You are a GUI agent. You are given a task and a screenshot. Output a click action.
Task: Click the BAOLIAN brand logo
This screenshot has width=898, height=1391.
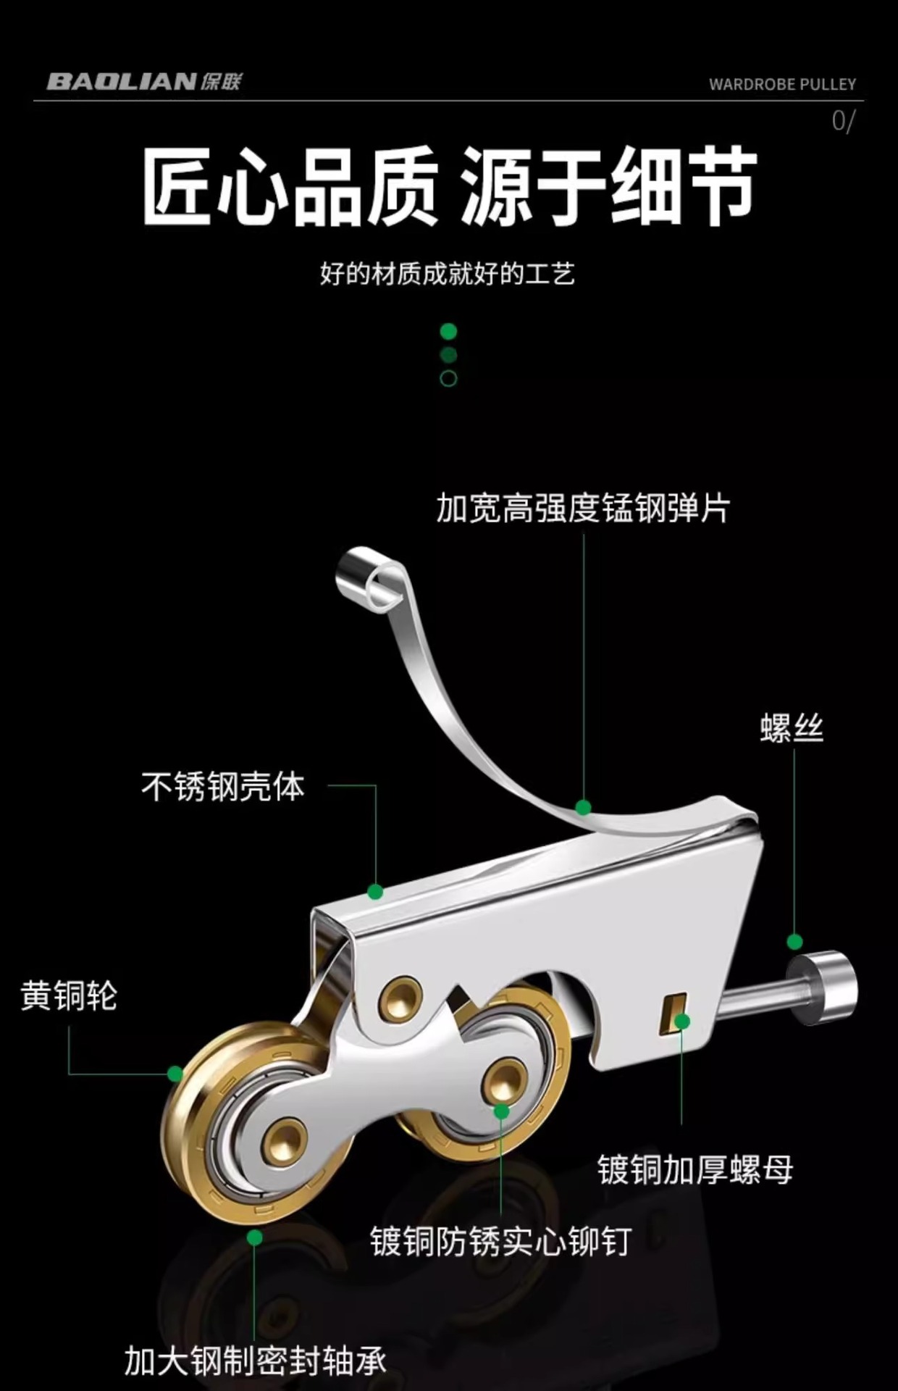click(x=143, y=81)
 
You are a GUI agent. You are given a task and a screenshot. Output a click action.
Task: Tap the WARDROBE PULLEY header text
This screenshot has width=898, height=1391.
click(x=782, y=85)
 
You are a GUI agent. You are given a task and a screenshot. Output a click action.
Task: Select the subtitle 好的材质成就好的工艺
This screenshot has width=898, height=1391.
click(x=448, y=275)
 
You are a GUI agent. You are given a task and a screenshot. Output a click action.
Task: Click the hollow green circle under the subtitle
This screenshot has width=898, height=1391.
click(x=448, y=378)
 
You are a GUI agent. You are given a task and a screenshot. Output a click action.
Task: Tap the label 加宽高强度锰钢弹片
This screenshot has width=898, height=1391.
click(x=583, y=508)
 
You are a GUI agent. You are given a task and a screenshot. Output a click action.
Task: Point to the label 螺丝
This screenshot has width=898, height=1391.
click(x=792, y=728)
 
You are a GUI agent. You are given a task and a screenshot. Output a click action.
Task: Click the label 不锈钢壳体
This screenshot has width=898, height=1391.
click(x=223, y=786)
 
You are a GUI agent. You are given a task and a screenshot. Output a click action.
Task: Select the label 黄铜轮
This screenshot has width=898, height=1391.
click(x=69, y=995)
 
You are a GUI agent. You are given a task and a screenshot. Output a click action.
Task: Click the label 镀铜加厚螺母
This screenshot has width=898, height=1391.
click(x=695, y=1169)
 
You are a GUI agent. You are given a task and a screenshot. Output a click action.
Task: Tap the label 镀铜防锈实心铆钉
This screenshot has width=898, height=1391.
click(x=500, y=1241)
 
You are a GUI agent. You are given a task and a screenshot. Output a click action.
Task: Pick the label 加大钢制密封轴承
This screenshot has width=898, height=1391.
click(x=255, y=1361)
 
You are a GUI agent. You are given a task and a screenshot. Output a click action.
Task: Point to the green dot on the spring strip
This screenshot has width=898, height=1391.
click(x=583, y=807)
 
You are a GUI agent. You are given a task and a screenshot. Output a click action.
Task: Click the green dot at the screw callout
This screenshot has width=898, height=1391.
click(x=794, y=942)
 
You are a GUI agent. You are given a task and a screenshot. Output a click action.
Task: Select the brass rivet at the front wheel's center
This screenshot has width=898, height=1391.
click(x=288, y=1136)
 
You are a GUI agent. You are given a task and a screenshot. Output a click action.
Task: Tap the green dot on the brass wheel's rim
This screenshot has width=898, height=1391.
click(x=175, y=1074)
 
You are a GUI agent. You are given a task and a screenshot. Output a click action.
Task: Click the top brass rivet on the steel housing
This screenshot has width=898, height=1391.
click(x=403, y=1000)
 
